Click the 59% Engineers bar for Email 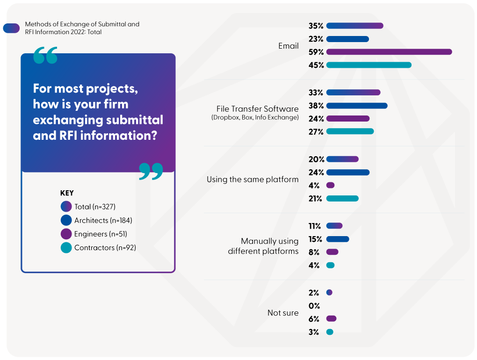(389, 52)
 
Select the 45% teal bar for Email (369, 65)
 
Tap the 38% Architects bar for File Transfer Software (357, 106)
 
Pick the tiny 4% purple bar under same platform (330, 186)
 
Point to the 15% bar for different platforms (338, 239)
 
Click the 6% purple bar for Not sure (331, 319)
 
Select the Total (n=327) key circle (66, 207)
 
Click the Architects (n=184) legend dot (66, 220)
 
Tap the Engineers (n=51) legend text (101, 234)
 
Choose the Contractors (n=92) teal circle (66, 248)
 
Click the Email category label (288, 46)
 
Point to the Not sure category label (283, 313)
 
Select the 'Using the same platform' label (253, 179)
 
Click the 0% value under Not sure (314, 306)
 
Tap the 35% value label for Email (316, 26)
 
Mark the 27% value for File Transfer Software (316, 132)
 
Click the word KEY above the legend (67, 193)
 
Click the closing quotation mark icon (151, 171)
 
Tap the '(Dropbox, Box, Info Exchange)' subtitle (255, 117)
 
